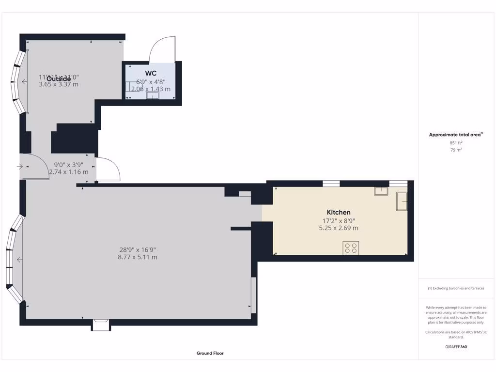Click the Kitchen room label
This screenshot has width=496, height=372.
[x=339, y=212]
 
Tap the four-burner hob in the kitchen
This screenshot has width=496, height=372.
[x=351, y=248]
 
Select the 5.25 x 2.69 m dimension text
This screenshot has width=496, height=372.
[x=339, y=228]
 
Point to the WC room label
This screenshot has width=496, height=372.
[x=151, y=73]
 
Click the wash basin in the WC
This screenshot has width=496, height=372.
[x=153, y=96]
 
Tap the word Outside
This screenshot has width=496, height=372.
[x=59, y=78]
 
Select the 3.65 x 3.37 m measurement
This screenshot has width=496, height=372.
[x=59, y=84]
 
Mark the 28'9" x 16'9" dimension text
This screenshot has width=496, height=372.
[x=138, y=250]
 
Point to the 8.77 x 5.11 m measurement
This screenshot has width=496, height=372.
[x=138, y=257]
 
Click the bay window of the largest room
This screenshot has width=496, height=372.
[x=15, y=260]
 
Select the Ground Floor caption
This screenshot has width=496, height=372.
[x=210, y=353]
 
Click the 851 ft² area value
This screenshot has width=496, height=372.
[x=456, y=143]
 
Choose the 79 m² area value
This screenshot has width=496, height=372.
[x=456, y=150]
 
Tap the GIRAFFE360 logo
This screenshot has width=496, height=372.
[x=456, y=347]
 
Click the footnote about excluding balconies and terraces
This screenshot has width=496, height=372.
[x=456, y=288]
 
